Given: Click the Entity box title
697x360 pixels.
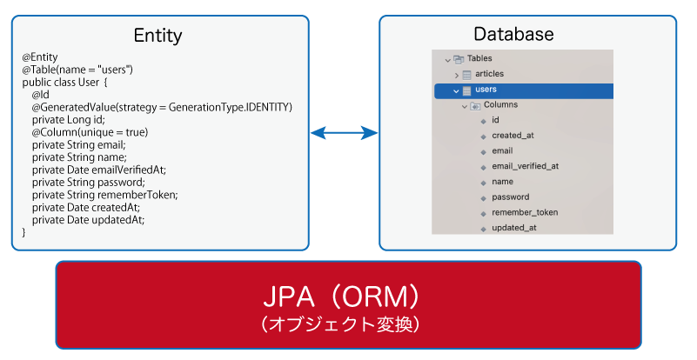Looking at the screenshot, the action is tap(157, 36).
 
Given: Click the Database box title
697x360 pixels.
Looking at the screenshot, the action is tap(513, 34).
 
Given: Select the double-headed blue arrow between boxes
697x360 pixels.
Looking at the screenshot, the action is tap(344, 132).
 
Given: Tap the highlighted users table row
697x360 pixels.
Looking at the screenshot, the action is tap(524, 90).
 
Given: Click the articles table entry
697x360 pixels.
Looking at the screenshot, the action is tap(489, 74).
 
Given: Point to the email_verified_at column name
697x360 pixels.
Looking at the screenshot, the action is tap(525, 166).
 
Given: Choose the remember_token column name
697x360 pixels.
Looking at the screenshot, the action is tap(525, 212).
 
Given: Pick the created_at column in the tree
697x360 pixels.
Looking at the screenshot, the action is tap(513, 136).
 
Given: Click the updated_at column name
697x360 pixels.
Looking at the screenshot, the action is tap(514, 228).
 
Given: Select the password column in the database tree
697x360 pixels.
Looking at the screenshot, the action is tap(510, 197).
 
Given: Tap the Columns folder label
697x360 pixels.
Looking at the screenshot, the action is tap(500, 105).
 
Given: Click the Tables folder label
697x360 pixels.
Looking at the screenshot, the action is tap(479, 58).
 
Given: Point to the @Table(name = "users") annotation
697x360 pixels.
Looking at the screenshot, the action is tap(77, 70).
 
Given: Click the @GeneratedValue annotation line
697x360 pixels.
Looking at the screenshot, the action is tap(162, 107).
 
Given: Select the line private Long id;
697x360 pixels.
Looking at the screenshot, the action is tap(69, 119).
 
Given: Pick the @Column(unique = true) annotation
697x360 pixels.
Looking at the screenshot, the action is tap(90, 132).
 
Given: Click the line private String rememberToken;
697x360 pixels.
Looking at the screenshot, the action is tap(105, 195).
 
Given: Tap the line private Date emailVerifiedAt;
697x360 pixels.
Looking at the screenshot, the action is tap(99, 170).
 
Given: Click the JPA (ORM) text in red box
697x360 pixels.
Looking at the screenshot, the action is tap(341, 297).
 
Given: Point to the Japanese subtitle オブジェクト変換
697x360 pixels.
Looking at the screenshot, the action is tap(340, 324).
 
